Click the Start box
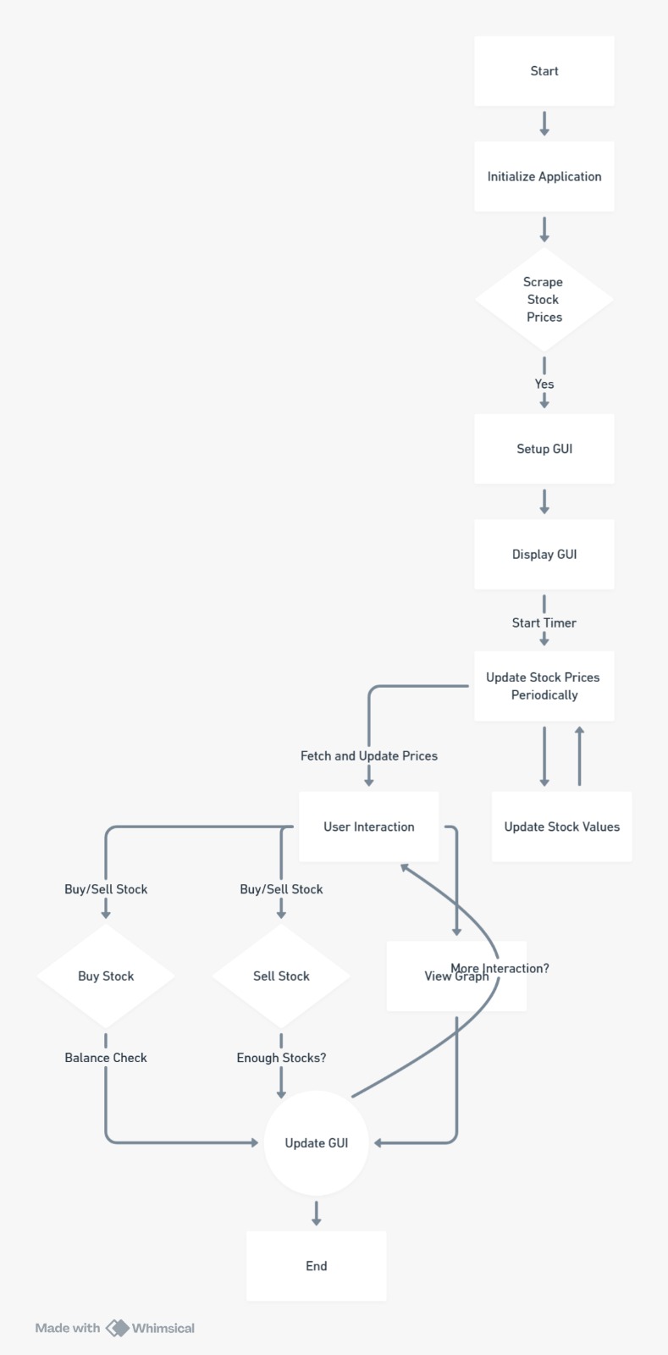544,71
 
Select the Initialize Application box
544,176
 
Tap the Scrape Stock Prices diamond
544,299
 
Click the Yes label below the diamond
544,384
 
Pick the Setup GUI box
544,449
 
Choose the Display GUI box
544,554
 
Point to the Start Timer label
544,622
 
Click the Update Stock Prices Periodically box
544,686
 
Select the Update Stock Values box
561,827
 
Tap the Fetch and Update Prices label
368,755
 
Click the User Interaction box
368,827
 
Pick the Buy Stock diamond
106,976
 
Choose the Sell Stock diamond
281,976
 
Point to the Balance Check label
106,1058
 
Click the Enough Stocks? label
281,1058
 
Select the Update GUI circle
316,1142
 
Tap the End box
316,1266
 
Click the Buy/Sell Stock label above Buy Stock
106,889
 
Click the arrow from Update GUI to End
316,1213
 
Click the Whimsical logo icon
117,1328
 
